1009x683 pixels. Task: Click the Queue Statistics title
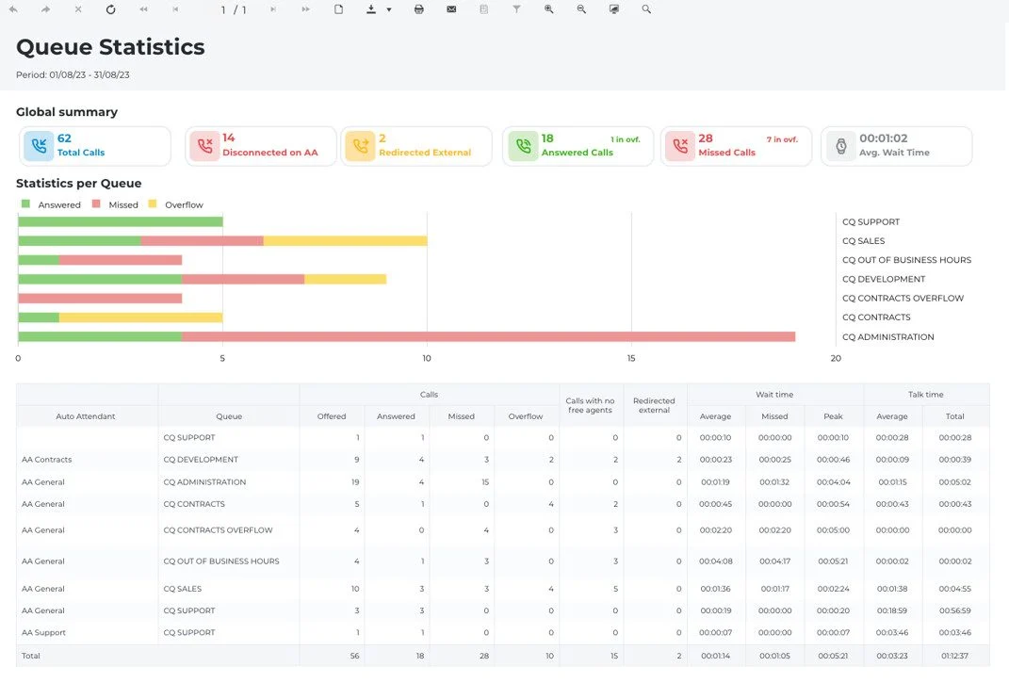click(110, 47)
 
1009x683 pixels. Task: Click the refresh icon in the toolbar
click(110, 9)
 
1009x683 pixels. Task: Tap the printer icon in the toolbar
click(419, 9)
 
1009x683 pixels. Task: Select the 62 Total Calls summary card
click(95, 146)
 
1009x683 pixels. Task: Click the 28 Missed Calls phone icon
click(680, 146)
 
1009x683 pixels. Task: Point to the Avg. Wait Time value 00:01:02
click(884, 138)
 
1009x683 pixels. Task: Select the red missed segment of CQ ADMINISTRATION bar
click(488, 336)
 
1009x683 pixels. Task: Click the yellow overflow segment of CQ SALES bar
click(345, 241)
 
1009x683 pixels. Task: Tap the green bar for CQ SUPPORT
click(121, 221)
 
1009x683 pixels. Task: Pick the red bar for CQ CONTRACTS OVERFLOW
click(100, 298)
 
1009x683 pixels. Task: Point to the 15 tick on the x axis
click(631, 358)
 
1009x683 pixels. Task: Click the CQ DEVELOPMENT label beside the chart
click(884, 279)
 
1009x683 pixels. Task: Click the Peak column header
click(833, 416)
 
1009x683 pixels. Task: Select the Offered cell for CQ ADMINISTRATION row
click(355, 481)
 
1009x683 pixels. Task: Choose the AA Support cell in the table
click(43, 633)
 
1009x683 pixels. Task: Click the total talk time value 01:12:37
click(955, 656)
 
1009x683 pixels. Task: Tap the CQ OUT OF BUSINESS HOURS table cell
click(221, 561)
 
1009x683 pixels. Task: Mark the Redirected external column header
click(654, 405)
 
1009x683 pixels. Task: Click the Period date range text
click(73, 74)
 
